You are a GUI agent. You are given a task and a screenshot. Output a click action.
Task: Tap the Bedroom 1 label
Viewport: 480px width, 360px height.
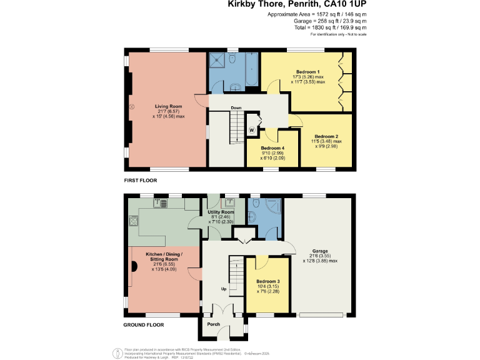[307, 72]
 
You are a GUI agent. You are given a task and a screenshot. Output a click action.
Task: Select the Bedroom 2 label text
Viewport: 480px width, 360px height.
[326, 136]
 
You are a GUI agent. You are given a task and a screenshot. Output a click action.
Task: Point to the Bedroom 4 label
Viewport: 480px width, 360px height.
[273, 148]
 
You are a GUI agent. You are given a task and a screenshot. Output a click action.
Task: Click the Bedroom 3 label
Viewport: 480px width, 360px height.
[268, 281]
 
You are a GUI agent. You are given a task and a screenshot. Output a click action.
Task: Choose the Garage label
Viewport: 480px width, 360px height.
[320, 252]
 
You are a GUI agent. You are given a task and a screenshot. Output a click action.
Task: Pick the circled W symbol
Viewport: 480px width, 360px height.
[252, 130]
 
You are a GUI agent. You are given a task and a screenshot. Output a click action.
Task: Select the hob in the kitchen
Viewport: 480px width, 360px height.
[133, 220]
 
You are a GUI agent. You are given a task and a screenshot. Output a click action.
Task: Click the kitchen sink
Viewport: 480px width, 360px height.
[160, 202]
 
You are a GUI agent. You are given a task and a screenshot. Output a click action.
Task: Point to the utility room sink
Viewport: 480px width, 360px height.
[230, 201]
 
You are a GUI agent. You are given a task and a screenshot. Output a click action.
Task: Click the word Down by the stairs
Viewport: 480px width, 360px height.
[236, 107]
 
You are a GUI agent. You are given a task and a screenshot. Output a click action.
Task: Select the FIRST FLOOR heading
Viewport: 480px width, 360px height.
[141, 180]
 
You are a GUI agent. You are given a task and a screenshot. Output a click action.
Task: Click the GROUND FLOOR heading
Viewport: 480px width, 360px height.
[143, 325]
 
